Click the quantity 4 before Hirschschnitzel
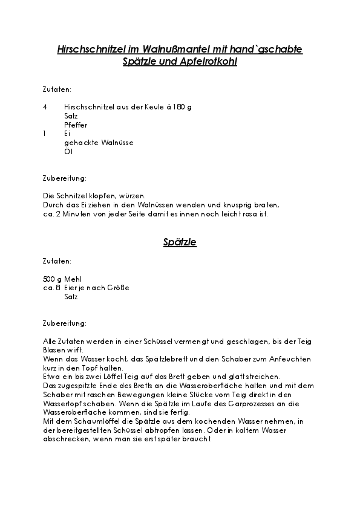click(x=45, y=106)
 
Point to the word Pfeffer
click(x=76, y=125)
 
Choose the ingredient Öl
click(x=68, y=151)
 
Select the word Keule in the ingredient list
click(x=146, y=106)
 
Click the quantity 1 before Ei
click(x=45, y=133)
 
